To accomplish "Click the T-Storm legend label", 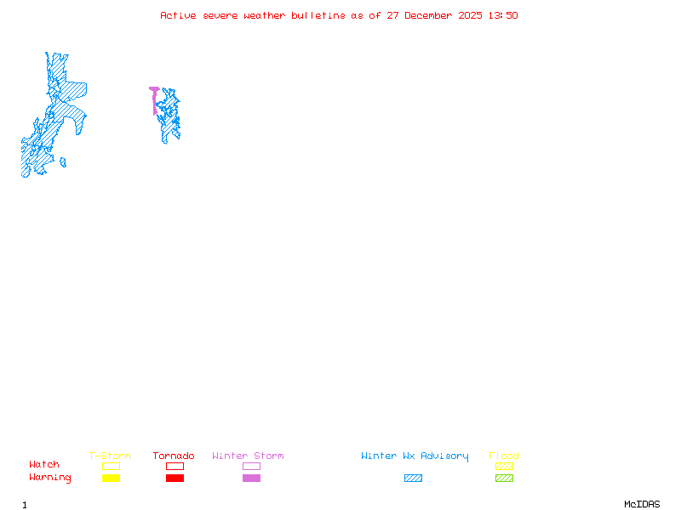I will click(110, 456).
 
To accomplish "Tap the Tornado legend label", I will click(174, 456).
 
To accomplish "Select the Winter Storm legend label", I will click(248, 456).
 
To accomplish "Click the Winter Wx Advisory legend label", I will click(415, 456).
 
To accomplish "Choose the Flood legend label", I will click(504, 456).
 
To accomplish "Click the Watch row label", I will click(44, 465).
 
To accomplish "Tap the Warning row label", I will click(50, 478).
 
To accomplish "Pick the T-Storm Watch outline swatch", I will click(111, 466).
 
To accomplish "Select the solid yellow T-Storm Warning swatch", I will click(111, 479).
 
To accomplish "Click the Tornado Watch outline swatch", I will click(175, 466).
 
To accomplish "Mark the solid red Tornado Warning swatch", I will click(175, 479).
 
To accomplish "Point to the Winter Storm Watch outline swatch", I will click(251, 466).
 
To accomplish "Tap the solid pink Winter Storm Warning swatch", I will click(251, 479).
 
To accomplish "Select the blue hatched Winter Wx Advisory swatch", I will click(413, 479).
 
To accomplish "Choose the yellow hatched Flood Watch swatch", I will click(504, 466).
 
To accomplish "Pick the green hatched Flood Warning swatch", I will click(504, 479).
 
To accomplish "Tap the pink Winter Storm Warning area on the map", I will click(154, 90).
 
